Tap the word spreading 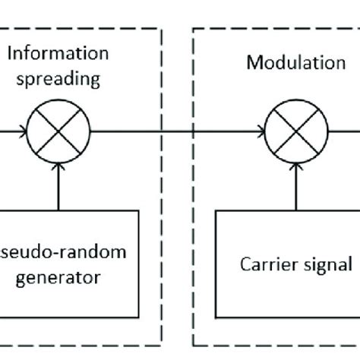point(58,77)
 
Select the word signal point(327,265)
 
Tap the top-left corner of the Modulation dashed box point(194,30)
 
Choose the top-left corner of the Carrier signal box point(217,210)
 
